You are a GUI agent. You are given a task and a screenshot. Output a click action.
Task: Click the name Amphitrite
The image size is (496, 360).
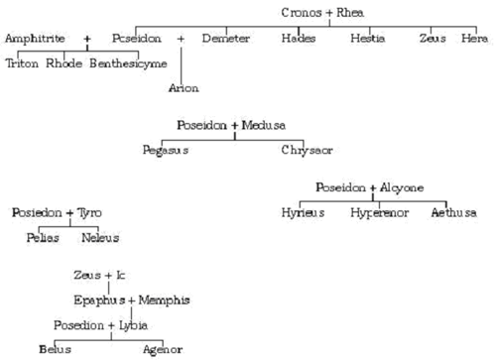click(x=35, y=38)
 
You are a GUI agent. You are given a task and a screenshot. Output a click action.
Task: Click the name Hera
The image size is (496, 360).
click(x=475, y=38)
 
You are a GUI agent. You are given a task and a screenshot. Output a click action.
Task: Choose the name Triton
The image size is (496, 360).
click(x=22, y=63)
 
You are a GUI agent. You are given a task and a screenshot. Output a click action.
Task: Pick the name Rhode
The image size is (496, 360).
click(x=62, y=63)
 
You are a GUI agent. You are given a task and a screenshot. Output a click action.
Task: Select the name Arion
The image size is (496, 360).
click(x=184, y=88)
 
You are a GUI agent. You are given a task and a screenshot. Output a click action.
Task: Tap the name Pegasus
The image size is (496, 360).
click(x=166, y=150)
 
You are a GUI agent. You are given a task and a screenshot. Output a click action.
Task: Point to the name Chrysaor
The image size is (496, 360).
click(x=305, y=150)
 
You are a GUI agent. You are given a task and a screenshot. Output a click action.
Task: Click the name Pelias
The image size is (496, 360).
click(x=43, y=238)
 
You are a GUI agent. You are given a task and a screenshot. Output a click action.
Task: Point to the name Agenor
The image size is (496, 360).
click(x=161, y=350)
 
